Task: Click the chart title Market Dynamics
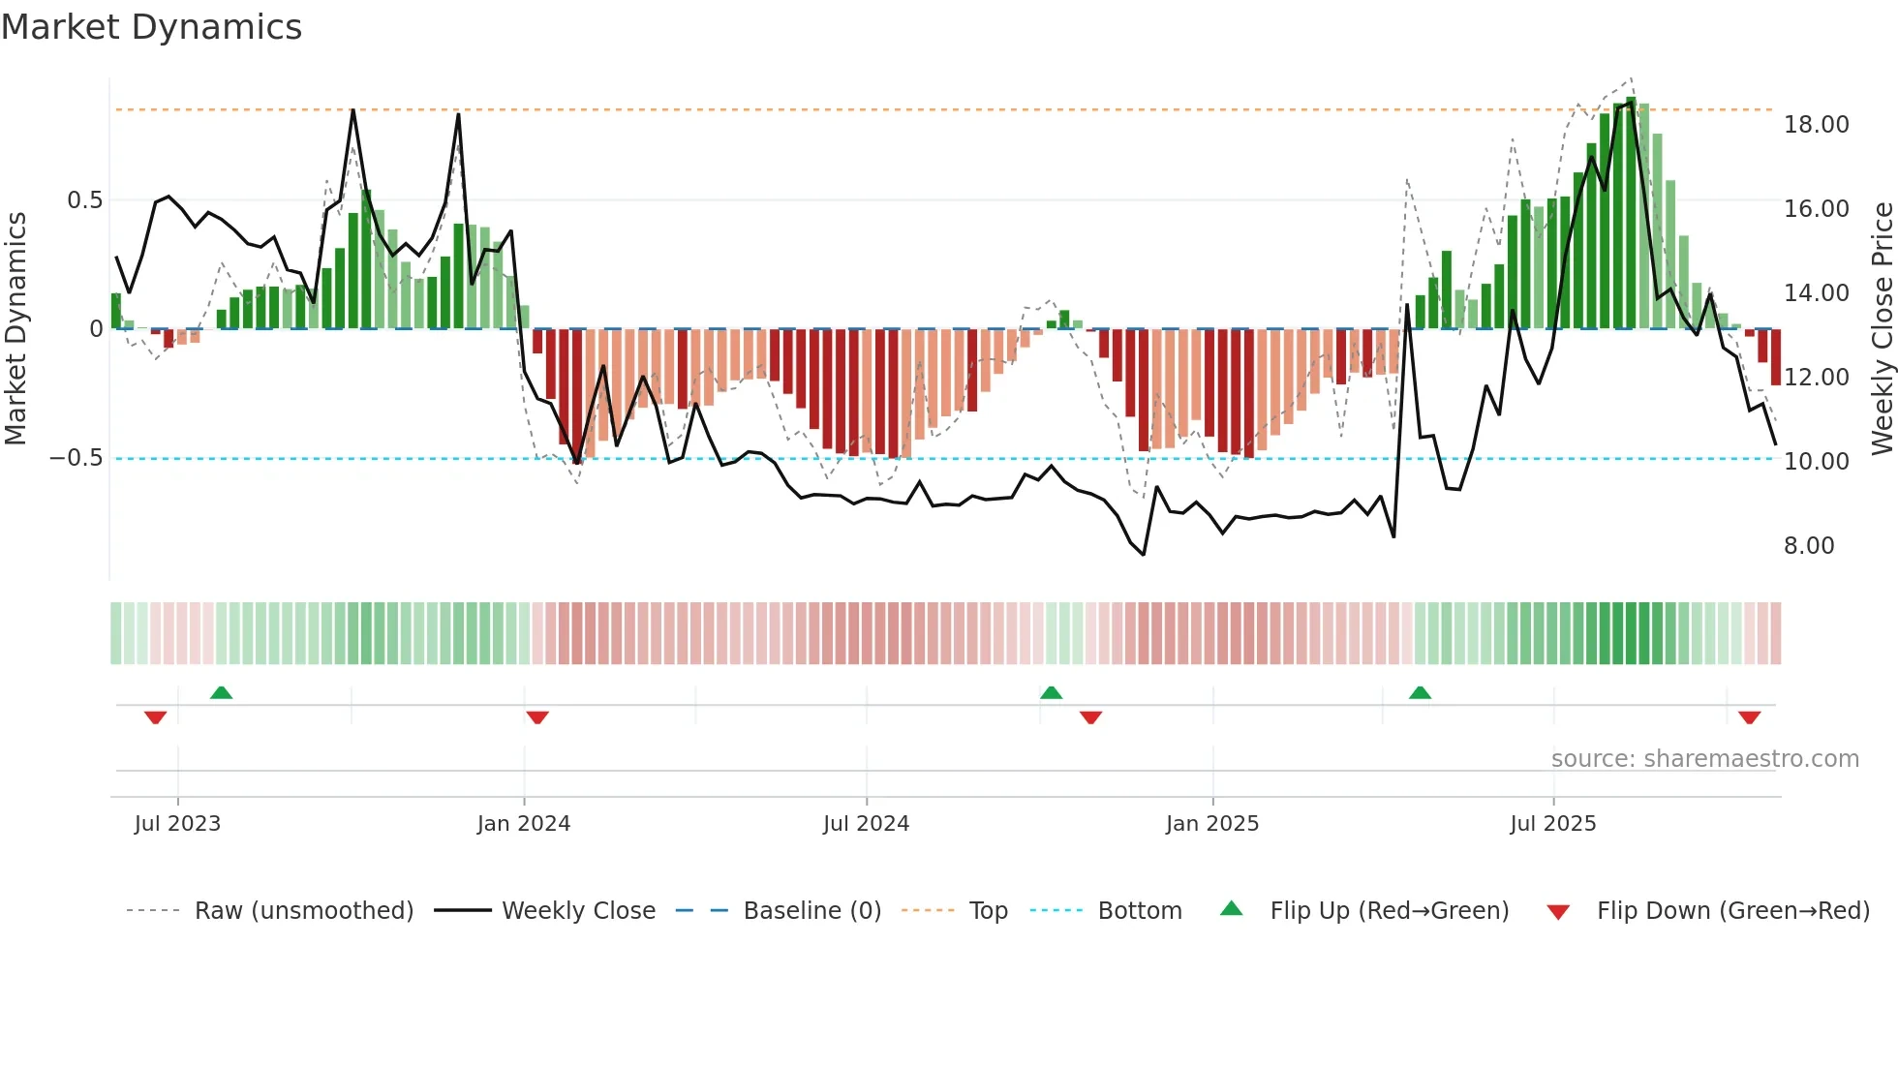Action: coord(151,27)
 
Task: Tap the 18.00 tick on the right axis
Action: coord(1816,125)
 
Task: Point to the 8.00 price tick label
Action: coord(1808,546)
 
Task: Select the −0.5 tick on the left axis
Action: coord(76,458)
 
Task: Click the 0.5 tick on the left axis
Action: coord(84,200)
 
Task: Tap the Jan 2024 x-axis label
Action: coord(523,824)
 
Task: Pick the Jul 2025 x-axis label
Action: coord(1552,824)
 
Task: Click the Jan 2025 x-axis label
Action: coord(1211,824)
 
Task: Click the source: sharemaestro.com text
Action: coord(1704,759)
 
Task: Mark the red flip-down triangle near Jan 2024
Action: coord(537,717)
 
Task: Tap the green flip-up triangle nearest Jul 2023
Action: coord(221,692)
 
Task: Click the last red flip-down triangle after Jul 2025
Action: coord(1749,717)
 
